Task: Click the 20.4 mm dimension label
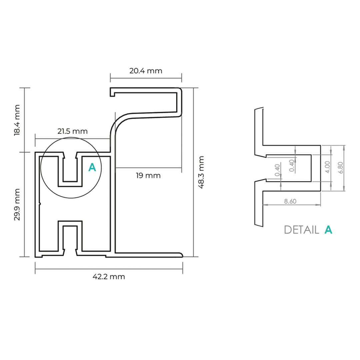coord(146,71)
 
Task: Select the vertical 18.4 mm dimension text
coord(17,120)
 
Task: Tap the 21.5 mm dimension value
coord(72,131)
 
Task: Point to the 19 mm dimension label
coord(148,175)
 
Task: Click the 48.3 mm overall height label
coord(201,172)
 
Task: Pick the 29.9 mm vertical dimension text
coord(17,204)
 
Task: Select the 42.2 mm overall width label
coord(109,276)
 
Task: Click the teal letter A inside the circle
coord(92,167)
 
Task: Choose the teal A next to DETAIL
coord(328,230)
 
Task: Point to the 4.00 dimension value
coord(327,167)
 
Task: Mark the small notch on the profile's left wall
coord(40,203)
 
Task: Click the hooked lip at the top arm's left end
coord(112,92)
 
